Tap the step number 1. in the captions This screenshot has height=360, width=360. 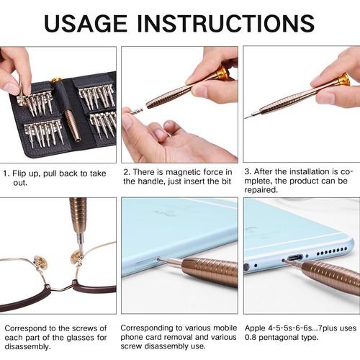(x=6, y=173)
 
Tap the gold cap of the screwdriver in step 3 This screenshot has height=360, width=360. (x=343, y=78)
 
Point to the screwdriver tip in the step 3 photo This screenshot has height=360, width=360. (x=248, y=116)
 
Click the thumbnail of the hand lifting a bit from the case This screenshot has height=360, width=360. (x=58, y=105)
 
